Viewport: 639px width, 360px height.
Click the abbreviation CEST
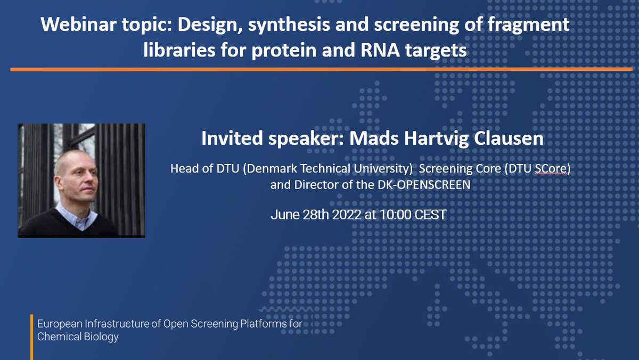430,215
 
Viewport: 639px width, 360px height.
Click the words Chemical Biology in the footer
78,337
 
